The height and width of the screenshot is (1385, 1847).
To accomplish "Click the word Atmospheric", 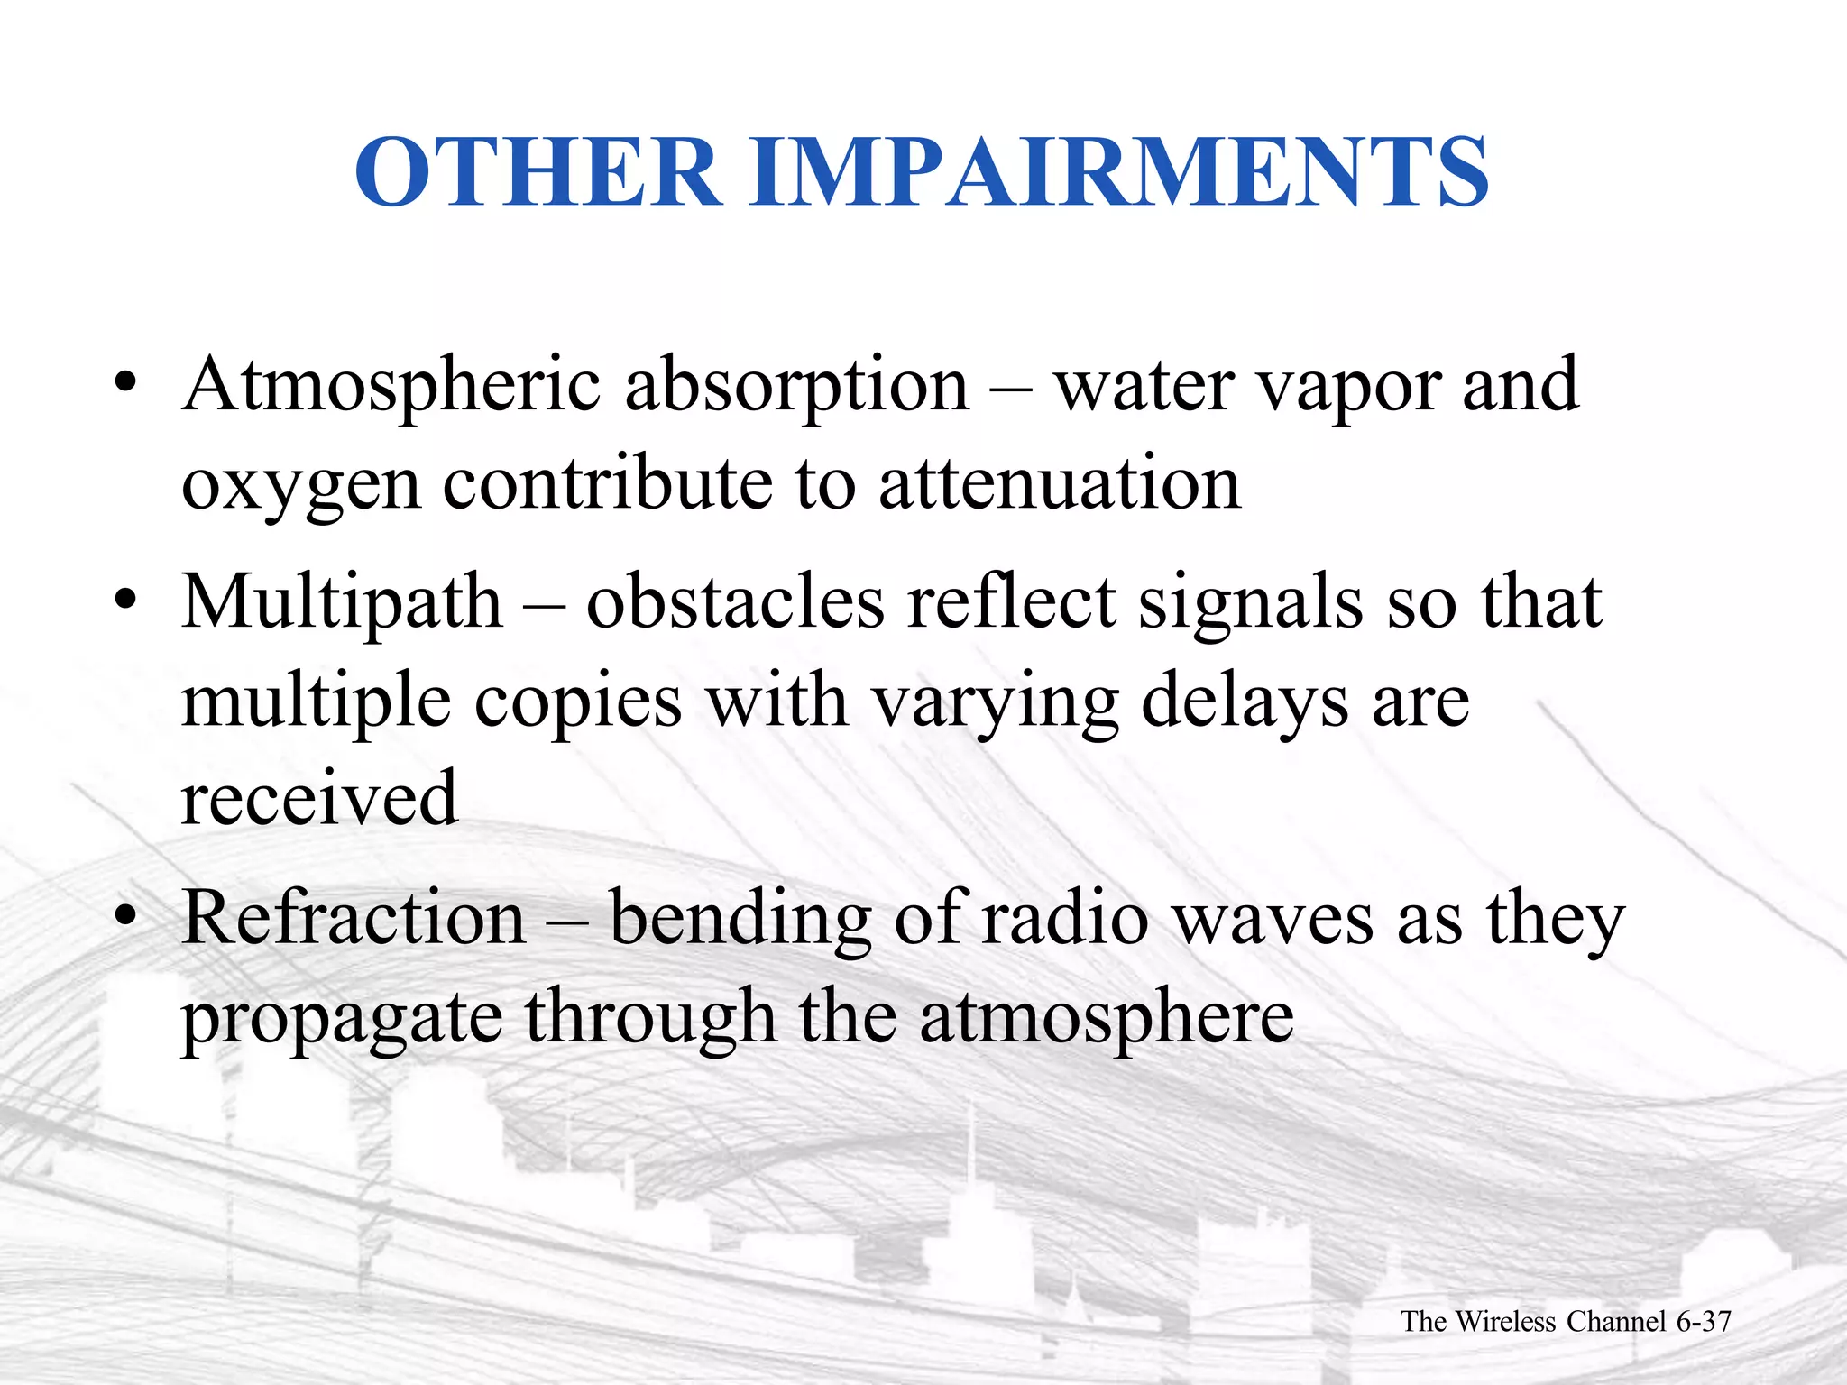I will [x=391, y=386].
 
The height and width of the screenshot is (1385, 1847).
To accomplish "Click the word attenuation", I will [x=1060, y=484].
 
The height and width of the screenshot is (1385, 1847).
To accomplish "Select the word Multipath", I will [x=342, y=604].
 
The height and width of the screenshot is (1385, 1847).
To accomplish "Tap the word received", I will [x=319, y=797].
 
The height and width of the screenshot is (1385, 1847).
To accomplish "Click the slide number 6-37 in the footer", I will [x=1704, y=1322].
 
